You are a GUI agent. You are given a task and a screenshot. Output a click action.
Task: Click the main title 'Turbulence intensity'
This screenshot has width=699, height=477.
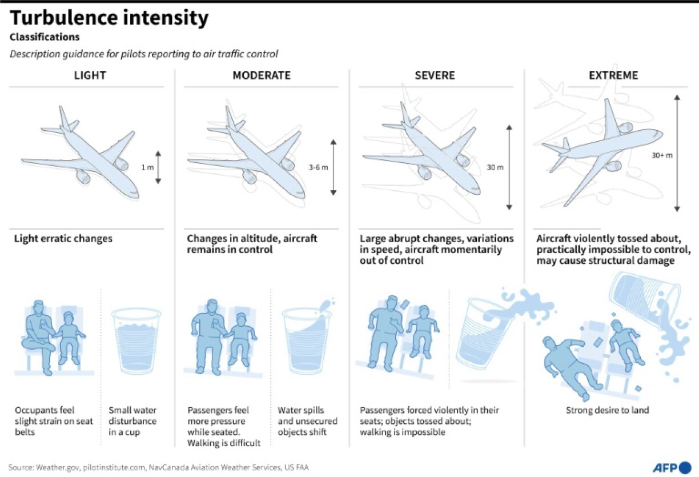click(x=109, y=18)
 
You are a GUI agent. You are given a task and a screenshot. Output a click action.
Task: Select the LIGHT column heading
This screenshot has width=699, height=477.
click(x=90, y=75)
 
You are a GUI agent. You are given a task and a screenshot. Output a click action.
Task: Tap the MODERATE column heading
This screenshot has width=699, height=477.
click(x=261, y=75)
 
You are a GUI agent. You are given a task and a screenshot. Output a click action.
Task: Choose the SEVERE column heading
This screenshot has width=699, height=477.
click(x=436, y=75)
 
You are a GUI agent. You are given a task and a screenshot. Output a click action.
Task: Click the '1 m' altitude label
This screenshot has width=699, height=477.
click(x=146, y=167)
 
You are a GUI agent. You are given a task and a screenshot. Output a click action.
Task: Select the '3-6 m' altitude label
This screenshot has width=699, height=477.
click(x=318, y=167)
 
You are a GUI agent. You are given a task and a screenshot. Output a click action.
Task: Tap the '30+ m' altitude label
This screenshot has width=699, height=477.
click(x=661, y=154)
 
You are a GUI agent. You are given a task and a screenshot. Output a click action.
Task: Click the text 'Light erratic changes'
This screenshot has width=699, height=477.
click(x=63, y=239)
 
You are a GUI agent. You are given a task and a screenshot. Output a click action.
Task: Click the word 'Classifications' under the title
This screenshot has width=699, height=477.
click(x=45, y=37)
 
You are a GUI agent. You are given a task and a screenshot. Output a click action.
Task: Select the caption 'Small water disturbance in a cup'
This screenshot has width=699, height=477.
click(x=132, y=421)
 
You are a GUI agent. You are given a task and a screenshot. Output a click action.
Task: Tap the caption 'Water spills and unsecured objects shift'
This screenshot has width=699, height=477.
click(x=307, y=421)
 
